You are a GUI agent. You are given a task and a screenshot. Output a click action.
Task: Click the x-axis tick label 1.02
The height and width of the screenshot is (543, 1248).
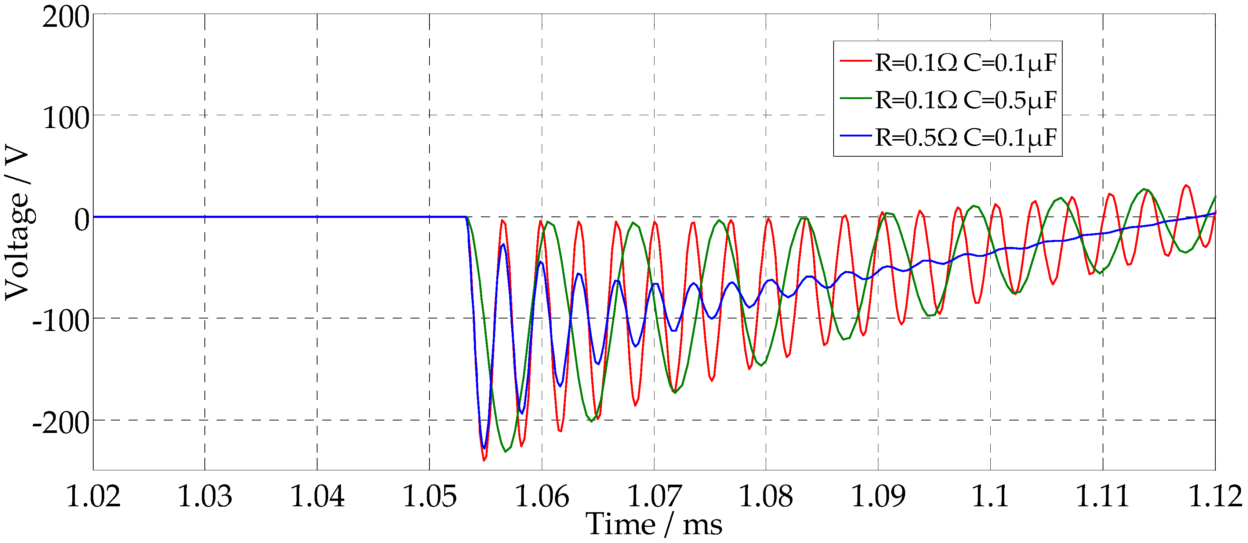click(92, 496)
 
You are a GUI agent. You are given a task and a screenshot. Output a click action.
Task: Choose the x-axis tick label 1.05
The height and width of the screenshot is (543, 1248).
click(429, 496)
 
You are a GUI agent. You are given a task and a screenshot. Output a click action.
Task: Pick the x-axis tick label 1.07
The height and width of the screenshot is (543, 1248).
click(654, 496)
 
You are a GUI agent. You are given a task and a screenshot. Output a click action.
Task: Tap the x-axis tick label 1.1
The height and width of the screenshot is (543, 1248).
click(990, 496)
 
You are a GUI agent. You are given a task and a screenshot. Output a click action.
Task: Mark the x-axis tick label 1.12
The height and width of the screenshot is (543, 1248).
click(1215, 496)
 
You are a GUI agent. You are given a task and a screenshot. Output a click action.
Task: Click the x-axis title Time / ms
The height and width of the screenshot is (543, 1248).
click(654, 525)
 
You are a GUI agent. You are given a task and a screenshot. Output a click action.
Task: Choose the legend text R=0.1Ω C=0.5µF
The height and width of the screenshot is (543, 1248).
click(966, 100)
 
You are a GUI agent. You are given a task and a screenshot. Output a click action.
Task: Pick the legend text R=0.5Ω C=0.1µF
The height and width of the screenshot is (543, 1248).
click(966, 138)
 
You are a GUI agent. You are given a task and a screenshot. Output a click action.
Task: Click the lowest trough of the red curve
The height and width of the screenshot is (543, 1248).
click(483, 460)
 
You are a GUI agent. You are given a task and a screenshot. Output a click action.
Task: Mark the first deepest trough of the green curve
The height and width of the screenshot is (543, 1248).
click(505, 451)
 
